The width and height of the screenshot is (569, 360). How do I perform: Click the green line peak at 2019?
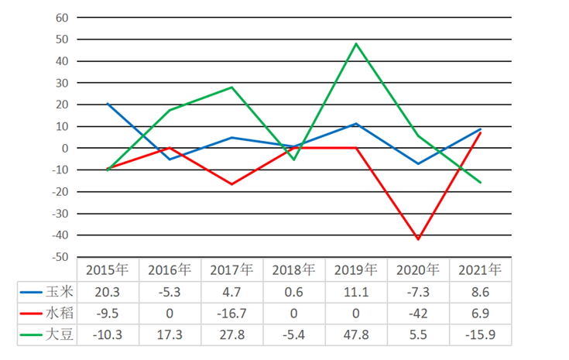coord(356,43)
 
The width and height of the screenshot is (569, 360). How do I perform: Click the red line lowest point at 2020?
coord(418,239)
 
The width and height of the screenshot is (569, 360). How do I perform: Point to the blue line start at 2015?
coord(108,104)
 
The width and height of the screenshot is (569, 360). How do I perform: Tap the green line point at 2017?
coord(231,87)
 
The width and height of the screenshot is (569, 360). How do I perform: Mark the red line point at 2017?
coord(231,184)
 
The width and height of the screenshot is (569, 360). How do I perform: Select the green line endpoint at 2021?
coord(480,183)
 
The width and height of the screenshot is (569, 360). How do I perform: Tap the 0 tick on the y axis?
coord(65,148)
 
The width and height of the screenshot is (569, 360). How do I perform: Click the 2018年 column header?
coord(293,270)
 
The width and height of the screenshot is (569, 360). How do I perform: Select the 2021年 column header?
coord(480,270)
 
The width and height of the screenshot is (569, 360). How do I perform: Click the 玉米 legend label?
coord(58,291)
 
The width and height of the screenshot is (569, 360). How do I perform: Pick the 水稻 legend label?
coord(58,313)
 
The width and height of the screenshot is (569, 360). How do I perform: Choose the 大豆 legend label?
coord(58,334)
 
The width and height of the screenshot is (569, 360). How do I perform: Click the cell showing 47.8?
coord(356,334)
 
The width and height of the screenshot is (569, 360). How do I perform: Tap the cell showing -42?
coord(418,313)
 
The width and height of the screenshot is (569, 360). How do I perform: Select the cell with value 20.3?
coord(108,291)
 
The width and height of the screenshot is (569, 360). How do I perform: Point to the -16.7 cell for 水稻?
coord(231,313)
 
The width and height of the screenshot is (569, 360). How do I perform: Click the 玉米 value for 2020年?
coord(418,291)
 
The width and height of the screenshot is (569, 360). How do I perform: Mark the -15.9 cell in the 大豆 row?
coord(480,334)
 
